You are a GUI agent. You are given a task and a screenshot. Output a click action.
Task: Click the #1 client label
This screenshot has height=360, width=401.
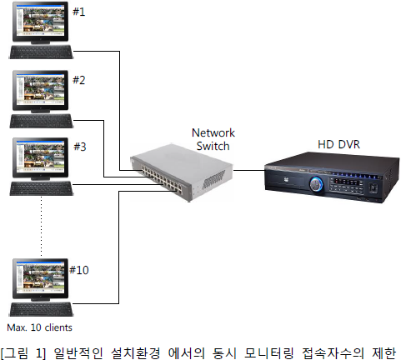pyautogui.click(x=78, y=12)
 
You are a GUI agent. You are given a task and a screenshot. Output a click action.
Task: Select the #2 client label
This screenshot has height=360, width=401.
pyautogui.click(x=78, y=80)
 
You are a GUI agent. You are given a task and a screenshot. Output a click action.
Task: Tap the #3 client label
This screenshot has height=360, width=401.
pyautogui.click(x=80, y=147)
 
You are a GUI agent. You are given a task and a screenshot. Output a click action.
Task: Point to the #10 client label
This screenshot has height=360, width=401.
pyautogui.click(x=79, y=270)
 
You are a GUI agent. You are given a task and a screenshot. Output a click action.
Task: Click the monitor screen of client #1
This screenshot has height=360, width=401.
pyautogui.click(x=41, y=20)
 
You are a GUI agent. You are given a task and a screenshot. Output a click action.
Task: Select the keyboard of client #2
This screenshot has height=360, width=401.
pyautogui.click(x=42, y=121)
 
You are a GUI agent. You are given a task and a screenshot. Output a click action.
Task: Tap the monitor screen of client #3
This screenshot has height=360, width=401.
pyautogui.click(x=41, y=156)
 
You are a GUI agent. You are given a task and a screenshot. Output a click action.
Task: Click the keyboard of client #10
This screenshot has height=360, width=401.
pyautogui.click(x=42, y=309)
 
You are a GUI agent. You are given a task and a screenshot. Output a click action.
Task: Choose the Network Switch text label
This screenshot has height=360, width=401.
pyautogui.click(x=213, y=139)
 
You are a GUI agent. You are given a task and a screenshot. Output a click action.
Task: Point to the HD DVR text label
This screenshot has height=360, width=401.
pyautogui.click(x=338, y=144)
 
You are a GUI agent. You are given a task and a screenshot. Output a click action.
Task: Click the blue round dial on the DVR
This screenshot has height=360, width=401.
pyautogui.click(x=316, y=184)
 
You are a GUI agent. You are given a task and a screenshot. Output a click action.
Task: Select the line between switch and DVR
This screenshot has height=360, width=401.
pyautogui.click(x=248, y=170)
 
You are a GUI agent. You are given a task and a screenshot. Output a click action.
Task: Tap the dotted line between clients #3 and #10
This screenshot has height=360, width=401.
pyautogui.click(x=42, y=226)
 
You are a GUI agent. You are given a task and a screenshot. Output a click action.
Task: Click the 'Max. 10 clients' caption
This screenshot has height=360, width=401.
pyautogui.click(x=39, y=327)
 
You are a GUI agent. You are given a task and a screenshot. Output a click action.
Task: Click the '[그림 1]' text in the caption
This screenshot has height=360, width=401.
pyautogui.click(x=23, y=352)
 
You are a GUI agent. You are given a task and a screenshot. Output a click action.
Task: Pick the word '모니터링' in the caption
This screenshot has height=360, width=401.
pyautogui.click(x=269, y=352)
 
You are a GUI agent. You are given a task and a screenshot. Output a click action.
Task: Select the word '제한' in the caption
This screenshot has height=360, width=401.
pyautogui.click(x=383, y=352)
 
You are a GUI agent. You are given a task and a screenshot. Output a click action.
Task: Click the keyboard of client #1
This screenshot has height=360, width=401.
pyautogui.click(x=42, y=52)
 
